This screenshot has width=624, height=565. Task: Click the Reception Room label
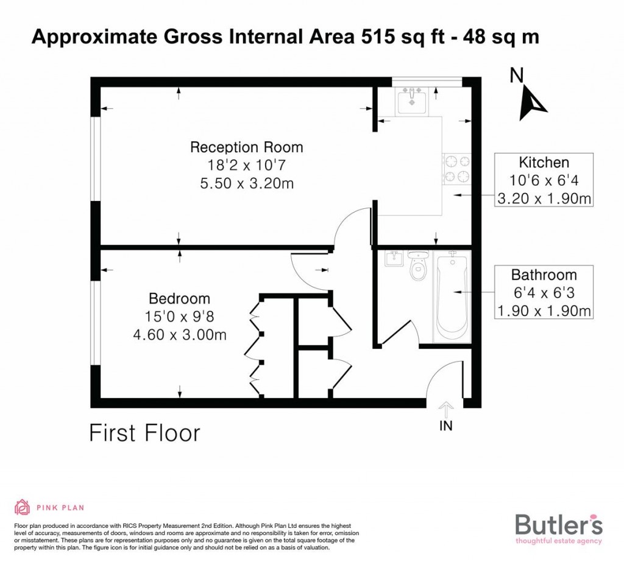[246, 147]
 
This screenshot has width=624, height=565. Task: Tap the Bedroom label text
[179, 299]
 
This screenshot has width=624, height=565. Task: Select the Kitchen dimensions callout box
[544, 180]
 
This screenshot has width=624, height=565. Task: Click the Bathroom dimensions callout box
[544, 293]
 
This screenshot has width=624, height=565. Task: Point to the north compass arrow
[531, 102]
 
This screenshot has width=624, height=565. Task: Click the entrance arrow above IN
[445, 409]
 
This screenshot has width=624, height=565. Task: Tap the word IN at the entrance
[446, 426]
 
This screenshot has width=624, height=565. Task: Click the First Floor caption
[144, 433]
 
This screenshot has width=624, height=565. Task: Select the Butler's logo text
[559, 524]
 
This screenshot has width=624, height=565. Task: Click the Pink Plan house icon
[23, 507]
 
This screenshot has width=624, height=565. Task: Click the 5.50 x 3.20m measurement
[246, 182]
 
